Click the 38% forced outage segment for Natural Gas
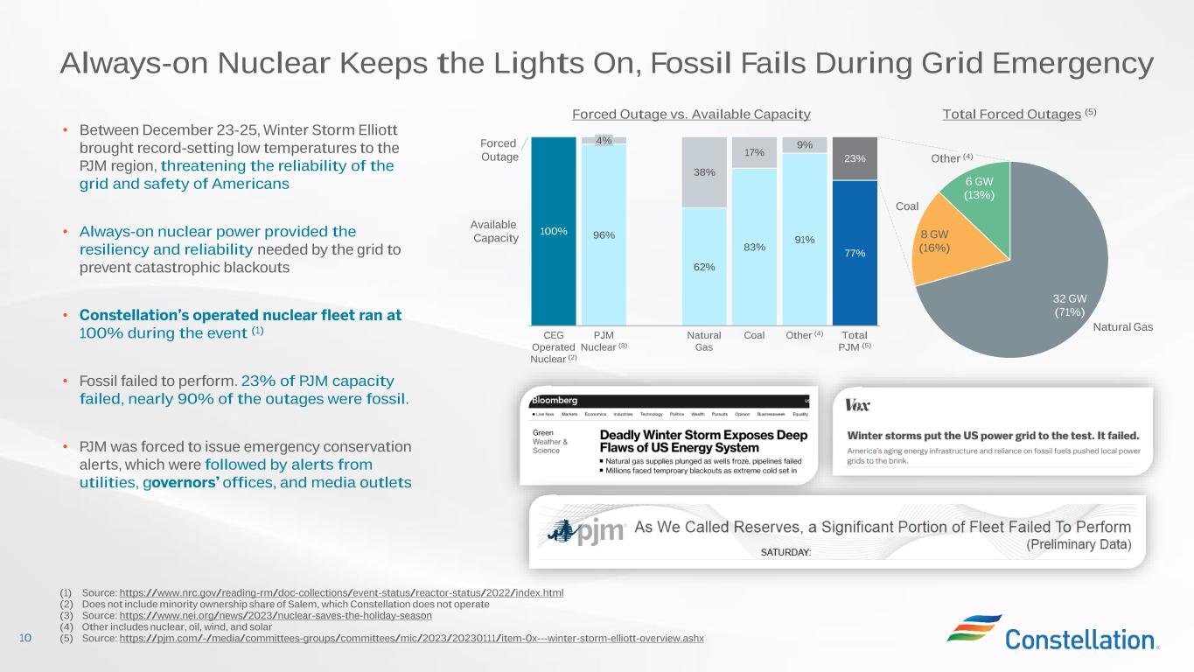(x=704, y=172)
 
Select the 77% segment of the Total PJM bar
(x=855, y=253)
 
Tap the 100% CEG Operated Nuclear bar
(x=554, y=231)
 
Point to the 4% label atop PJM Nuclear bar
(x=604, y=140)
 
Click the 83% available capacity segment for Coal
(x=754, y=247)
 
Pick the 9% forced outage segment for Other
(x=805, y=145)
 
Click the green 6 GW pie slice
(x=978, y=187)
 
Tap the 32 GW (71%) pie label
(x=1068, y=304)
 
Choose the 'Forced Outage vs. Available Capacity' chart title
(x=691, y=115)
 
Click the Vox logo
(x=858, y=406)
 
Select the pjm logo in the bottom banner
(x=587, y=529)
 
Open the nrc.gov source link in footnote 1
(x=341, y=593)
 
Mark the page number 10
(x=24, y=638)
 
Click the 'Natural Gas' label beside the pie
(x=1123, y=327)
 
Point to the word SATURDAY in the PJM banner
(x=786, y=552)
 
